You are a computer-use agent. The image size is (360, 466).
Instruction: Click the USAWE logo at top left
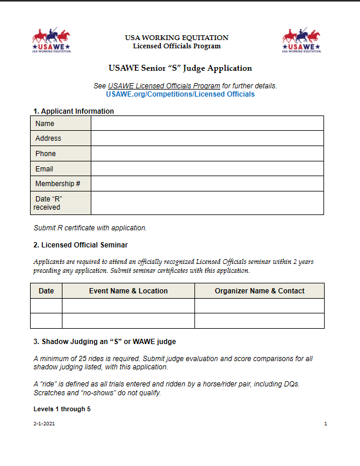(x=52, y=41)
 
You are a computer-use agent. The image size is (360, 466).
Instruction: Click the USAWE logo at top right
(x=301, y=41)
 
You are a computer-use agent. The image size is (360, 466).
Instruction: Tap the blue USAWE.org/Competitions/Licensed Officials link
(x=180, y=94)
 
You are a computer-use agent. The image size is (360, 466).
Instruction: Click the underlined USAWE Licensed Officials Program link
(x=164, y=86)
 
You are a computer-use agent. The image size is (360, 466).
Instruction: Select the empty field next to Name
(x=207, y=123)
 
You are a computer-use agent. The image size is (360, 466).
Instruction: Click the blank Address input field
(x=207, y=138)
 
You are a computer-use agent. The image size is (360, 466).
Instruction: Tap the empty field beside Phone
(x=207, y=154)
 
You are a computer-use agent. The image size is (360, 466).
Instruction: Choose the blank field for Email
(x=207, y=169)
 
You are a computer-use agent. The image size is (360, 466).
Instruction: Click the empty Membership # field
(x=207, y=184)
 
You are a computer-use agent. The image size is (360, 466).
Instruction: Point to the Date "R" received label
(x=48, y=203)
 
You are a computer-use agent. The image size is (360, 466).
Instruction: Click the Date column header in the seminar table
(x=46, y=291)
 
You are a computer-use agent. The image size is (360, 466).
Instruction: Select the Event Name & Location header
(x=128, y=291)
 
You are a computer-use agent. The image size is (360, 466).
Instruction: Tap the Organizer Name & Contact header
(x=259, y=291)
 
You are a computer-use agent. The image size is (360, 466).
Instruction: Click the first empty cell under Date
(x=46, y=306)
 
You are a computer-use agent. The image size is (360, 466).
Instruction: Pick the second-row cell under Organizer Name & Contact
(x=259, y=321)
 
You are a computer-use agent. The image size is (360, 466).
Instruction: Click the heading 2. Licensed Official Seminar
(x=80, y=245)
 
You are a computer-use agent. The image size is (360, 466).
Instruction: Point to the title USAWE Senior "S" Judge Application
(x=180, y=68)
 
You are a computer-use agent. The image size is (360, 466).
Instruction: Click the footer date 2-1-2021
(x=44, y=424)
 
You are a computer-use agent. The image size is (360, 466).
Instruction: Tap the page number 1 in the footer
(x=325, y=424)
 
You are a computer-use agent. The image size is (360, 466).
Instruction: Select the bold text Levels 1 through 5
(x=62, y=409)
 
